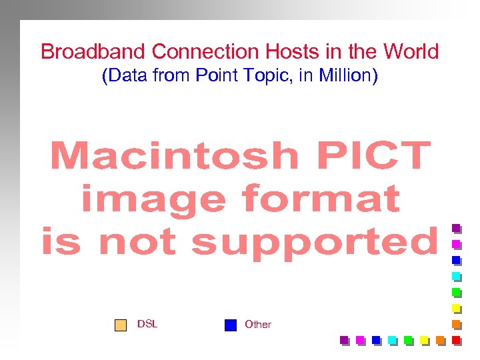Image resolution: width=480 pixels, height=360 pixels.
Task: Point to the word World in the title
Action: tap(411, 51)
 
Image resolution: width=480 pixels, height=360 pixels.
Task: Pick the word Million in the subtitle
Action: tap(347, 75)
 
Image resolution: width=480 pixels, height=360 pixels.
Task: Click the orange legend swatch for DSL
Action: tap(120, 325)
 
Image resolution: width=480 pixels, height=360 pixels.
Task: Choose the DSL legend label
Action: tap(147, 324)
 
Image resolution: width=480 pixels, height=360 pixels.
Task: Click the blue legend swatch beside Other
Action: tap(231, 325)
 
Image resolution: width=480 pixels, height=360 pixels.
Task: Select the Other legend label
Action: tap(258, 325)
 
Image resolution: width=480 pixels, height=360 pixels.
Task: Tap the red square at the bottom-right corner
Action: tap(456, 340)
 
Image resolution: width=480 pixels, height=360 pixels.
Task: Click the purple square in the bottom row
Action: tap(344, 340)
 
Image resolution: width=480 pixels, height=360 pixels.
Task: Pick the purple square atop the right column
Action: tap(456, 228)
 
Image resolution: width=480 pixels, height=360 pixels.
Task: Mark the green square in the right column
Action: tap(456, 292)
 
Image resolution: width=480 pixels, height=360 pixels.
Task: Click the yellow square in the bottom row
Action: tap(424, 340)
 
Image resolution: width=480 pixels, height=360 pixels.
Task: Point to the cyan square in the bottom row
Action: tap(392, 340)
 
